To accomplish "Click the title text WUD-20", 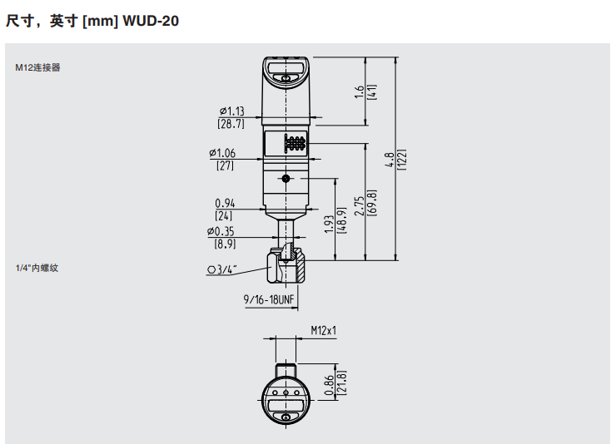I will [x=151, y=21].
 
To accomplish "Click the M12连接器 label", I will [x=37, y=68].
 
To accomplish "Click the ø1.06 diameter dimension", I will [x=224, y=153].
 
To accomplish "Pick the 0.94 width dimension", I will [x=225, y=203].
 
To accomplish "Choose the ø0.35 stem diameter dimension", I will [x=224, y=232].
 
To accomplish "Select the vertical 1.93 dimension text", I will [x=328, y=220].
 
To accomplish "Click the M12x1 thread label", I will [x=323, y=330].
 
